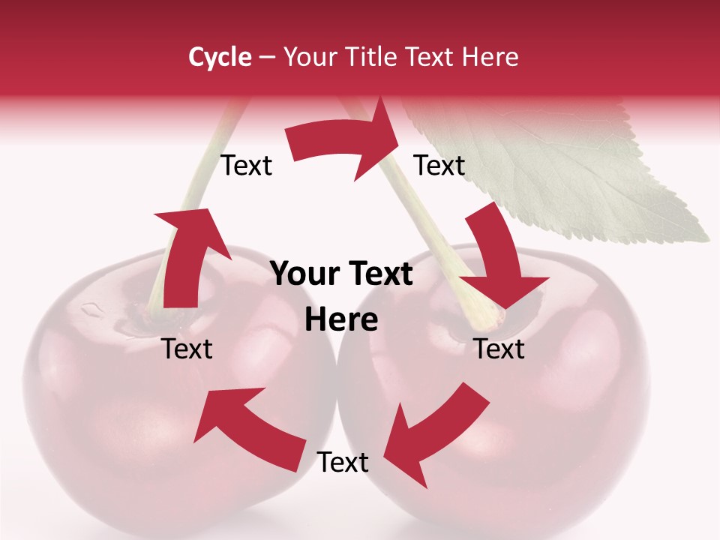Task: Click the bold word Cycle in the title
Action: [220, 57]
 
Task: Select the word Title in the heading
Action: [373, 57]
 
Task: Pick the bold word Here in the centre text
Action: [341, 320]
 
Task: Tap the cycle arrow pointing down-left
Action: [435, 435]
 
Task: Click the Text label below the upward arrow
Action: [187, 349]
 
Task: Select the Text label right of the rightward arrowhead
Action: [439, 166]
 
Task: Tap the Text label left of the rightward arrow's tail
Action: [246, 166]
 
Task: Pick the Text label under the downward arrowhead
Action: [499, 349]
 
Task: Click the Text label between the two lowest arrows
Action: [343, 462]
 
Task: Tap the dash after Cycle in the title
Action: [267, 58]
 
